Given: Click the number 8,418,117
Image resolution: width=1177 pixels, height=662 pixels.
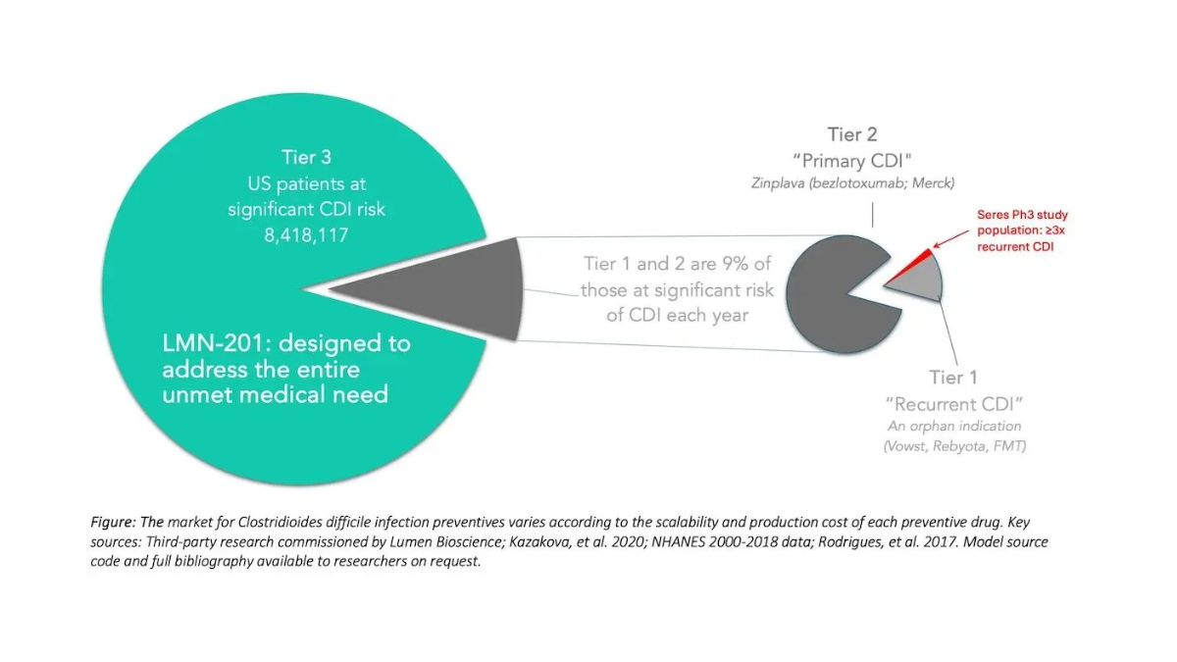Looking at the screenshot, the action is [x=306, y=235].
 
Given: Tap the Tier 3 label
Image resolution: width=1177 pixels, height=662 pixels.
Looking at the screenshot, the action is [x=306, y=157].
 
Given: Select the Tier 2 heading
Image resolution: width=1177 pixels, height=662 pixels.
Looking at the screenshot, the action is [x=852, y=134].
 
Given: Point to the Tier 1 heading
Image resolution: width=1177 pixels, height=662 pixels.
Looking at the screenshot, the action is [x=953, y=378].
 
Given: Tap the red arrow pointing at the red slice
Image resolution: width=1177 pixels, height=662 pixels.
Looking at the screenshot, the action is [x=950, y=238].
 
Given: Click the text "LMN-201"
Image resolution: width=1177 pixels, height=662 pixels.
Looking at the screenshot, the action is [x=212, y=343].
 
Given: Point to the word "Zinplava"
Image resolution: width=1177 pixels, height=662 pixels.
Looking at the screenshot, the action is [x=778, y=183].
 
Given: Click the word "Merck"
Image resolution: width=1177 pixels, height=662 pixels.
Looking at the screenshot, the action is [x=933, y=182].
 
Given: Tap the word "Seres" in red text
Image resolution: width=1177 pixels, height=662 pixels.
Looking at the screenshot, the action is [x=993, y=215].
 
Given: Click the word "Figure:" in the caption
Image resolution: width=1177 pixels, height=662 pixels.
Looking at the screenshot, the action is [x=113, y=522].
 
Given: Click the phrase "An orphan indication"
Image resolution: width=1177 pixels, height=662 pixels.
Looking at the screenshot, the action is [x=954, y=426].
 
